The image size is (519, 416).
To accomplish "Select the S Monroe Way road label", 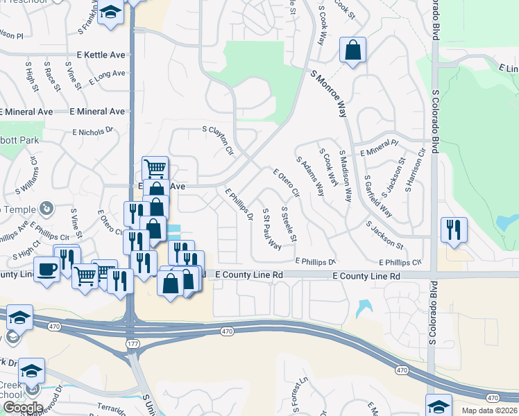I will [329, 94].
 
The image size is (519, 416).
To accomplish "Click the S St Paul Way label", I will [271, 227].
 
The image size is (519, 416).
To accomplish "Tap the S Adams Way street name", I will [310, 176].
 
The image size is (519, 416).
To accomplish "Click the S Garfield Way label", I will [378, 196].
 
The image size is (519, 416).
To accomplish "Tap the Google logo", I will [24, 407].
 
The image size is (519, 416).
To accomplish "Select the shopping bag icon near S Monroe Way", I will [352, 51].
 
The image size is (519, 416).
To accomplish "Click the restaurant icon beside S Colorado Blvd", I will [453, 230].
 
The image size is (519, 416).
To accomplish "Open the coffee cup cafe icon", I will [46, 268].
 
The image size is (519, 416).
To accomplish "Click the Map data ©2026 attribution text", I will [490, 410].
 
